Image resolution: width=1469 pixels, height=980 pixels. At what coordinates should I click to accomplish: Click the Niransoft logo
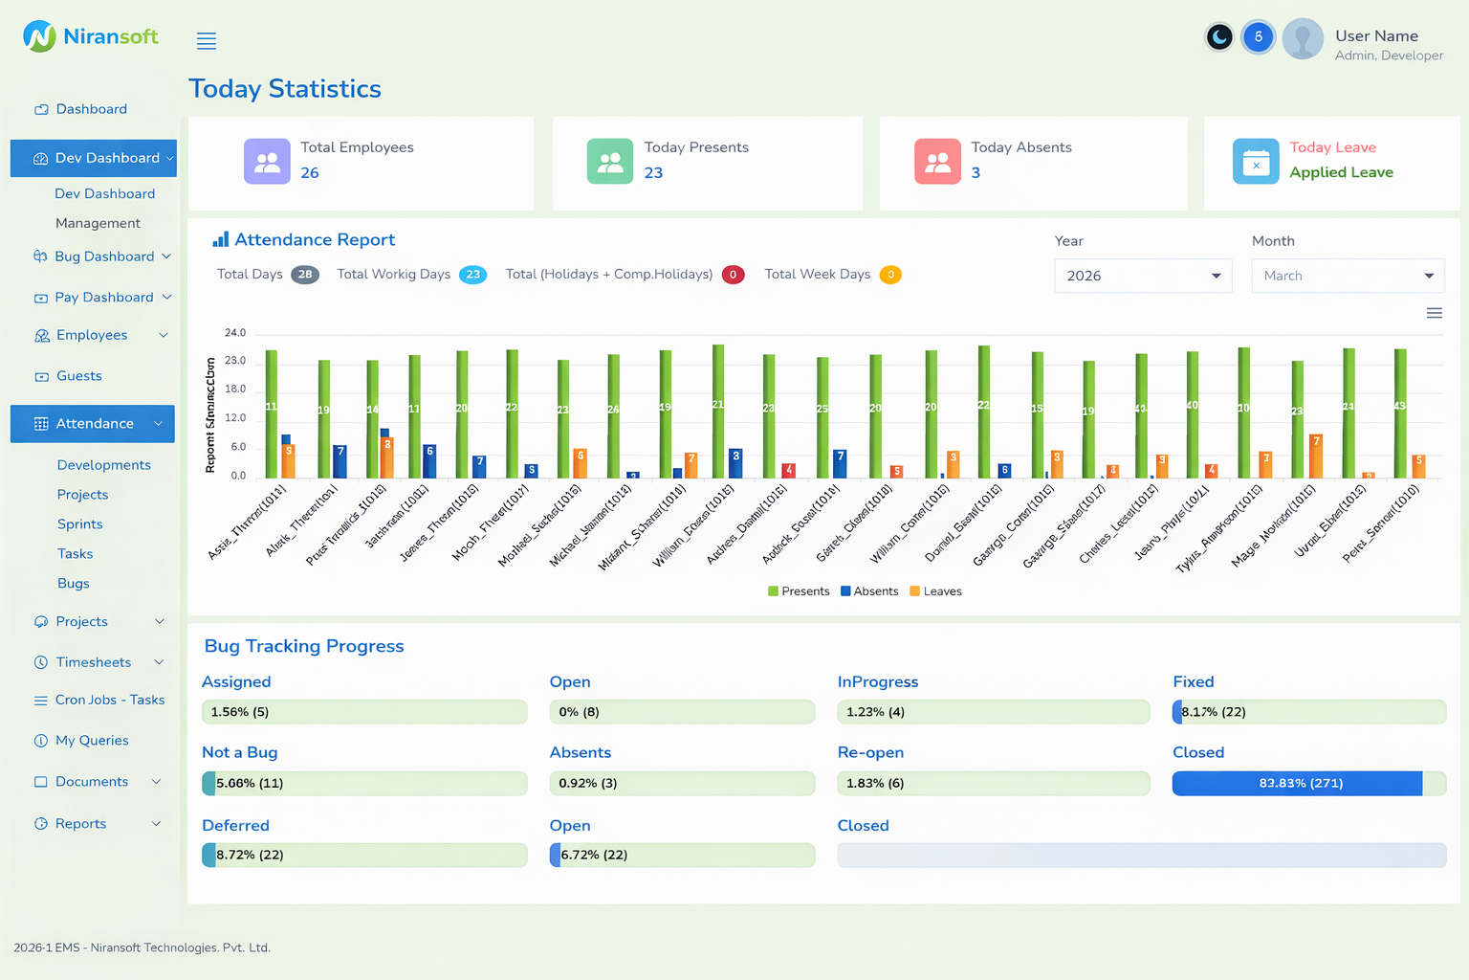[x=90, y=36]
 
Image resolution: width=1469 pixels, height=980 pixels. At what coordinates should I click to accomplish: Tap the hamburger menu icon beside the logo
[x=207, y=41]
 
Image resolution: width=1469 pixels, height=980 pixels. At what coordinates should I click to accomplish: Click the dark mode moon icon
[x=1218, y=37]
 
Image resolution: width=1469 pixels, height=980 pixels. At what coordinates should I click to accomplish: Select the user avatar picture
[x=1303, y=39]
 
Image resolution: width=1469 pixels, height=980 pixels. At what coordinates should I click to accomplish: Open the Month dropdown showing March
[x=1348, y=276]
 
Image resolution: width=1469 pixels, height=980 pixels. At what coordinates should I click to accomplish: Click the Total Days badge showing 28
[x=305, y=275]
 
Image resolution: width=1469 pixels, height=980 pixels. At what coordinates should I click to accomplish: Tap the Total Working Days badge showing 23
[x=472, y=275]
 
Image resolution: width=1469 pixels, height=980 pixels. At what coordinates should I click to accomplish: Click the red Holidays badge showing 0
[x=734, y=275]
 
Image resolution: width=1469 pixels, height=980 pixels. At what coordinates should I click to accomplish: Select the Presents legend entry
[x=799, y=591]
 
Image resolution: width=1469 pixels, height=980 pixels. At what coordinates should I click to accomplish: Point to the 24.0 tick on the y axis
[x=235, y=333]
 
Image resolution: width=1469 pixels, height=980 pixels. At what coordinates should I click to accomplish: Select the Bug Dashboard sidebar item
[x=104, y=256]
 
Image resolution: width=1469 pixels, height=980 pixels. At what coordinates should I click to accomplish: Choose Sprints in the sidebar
[x=80, y=524]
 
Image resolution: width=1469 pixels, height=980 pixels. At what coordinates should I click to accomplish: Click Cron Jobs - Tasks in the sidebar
[x=109, y=700]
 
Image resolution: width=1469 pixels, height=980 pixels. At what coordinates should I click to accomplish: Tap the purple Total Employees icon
[x=267, y=162]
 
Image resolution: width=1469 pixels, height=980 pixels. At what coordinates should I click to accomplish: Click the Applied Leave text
[x=1341, y=172]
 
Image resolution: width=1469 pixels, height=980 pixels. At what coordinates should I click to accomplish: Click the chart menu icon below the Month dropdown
[x=1434, y=313]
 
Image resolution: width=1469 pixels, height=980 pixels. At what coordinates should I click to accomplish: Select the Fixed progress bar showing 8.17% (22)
[x=1308, y=712]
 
